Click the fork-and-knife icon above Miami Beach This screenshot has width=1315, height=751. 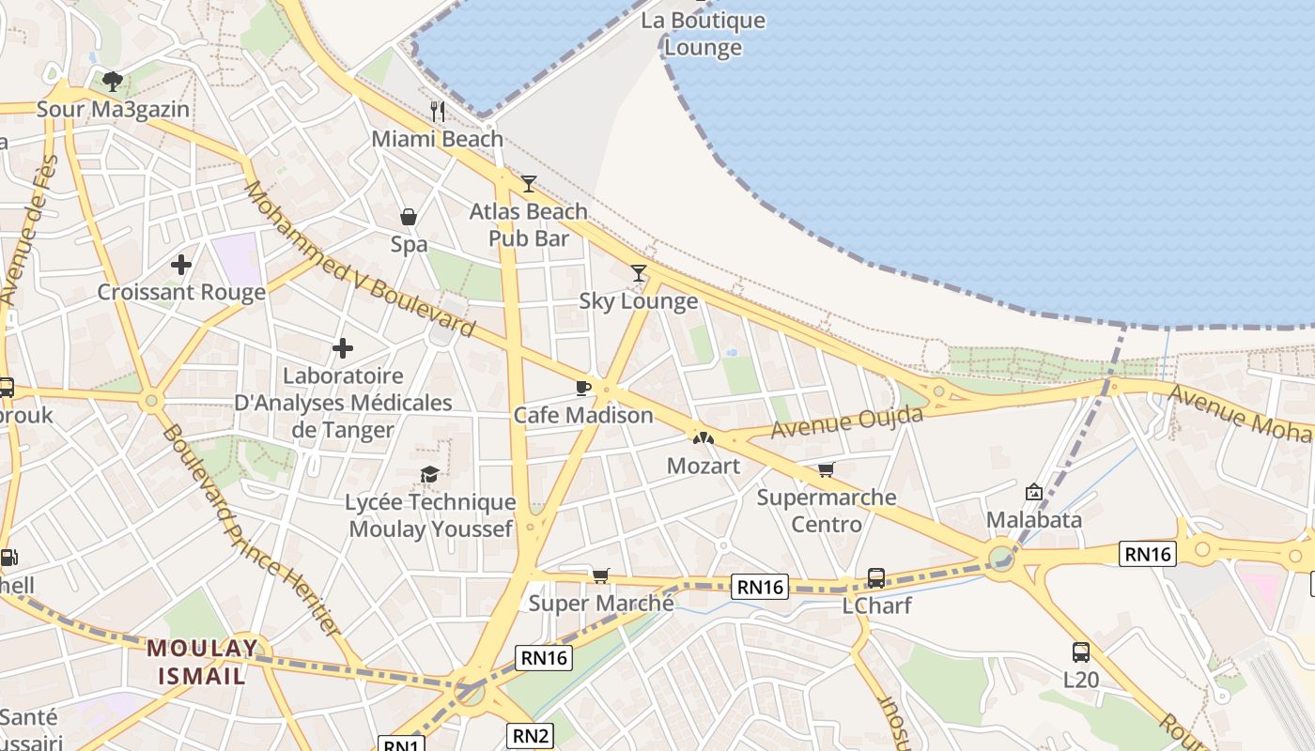click(x=437, y=111)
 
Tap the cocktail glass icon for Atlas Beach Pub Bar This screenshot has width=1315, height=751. click(x=529, y=183)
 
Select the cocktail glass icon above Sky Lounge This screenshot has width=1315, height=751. click(x=639, y=273)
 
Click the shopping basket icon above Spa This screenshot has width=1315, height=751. click(x=409, y=217)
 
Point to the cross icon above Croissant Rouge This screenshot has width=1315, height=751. click(x=181, y=265)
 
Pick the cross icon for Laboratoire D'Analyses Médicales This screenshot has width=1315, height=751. click(x=343, y=349)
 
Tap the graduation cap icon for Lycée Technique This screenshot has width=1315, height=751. click(x=430, y=474)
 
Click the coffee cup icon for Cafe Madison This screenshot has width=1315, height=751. click(x=583, y=388)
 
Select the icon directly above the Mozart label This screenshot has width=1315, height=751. click(x=703, y=437)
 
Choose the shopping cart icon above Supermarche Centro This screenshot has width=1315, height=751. click(x=826, y=469)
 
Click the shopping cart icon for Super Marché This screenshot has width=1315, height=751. click(x=600, y=575)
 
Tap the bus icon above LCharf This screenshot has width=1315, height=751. click(x=875, y=577)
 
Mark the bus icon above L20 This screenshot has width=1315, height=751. click(x=1080, y=651)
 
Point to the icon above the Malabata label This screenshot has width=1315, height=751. click(x=1034, y=491)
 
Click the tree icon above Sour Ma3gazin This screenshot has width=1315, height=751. click(x=113, y=81)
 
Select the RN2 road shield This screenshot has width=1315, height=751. click(x=531, y=735)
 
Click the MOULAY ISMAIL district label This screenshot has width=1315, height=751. click(x=202, y=661)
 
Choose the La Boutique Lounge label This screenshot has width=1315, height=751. click(x=703, y=34)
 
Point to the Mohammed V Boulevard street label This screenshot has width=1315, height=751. click(x=359, y=260)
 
